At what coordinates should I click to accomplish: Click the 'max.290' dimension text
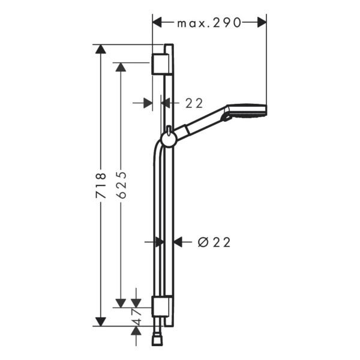click(209, 23)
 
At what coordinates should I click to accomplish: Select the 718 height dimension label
click(101, 186)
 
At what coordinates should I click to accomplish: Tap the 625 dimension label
click(121, 185)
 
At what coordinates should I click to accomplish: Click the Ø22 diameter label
click(214, 242)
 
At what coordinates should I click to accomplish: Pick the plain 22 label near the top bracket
click(194, 103)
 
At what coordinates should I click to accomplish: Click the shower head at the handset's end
click(247, 112)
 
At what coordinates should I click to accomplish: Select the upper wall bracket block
click(160, 65)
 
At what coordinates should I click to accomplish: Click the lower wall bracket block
click(160, 307)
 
